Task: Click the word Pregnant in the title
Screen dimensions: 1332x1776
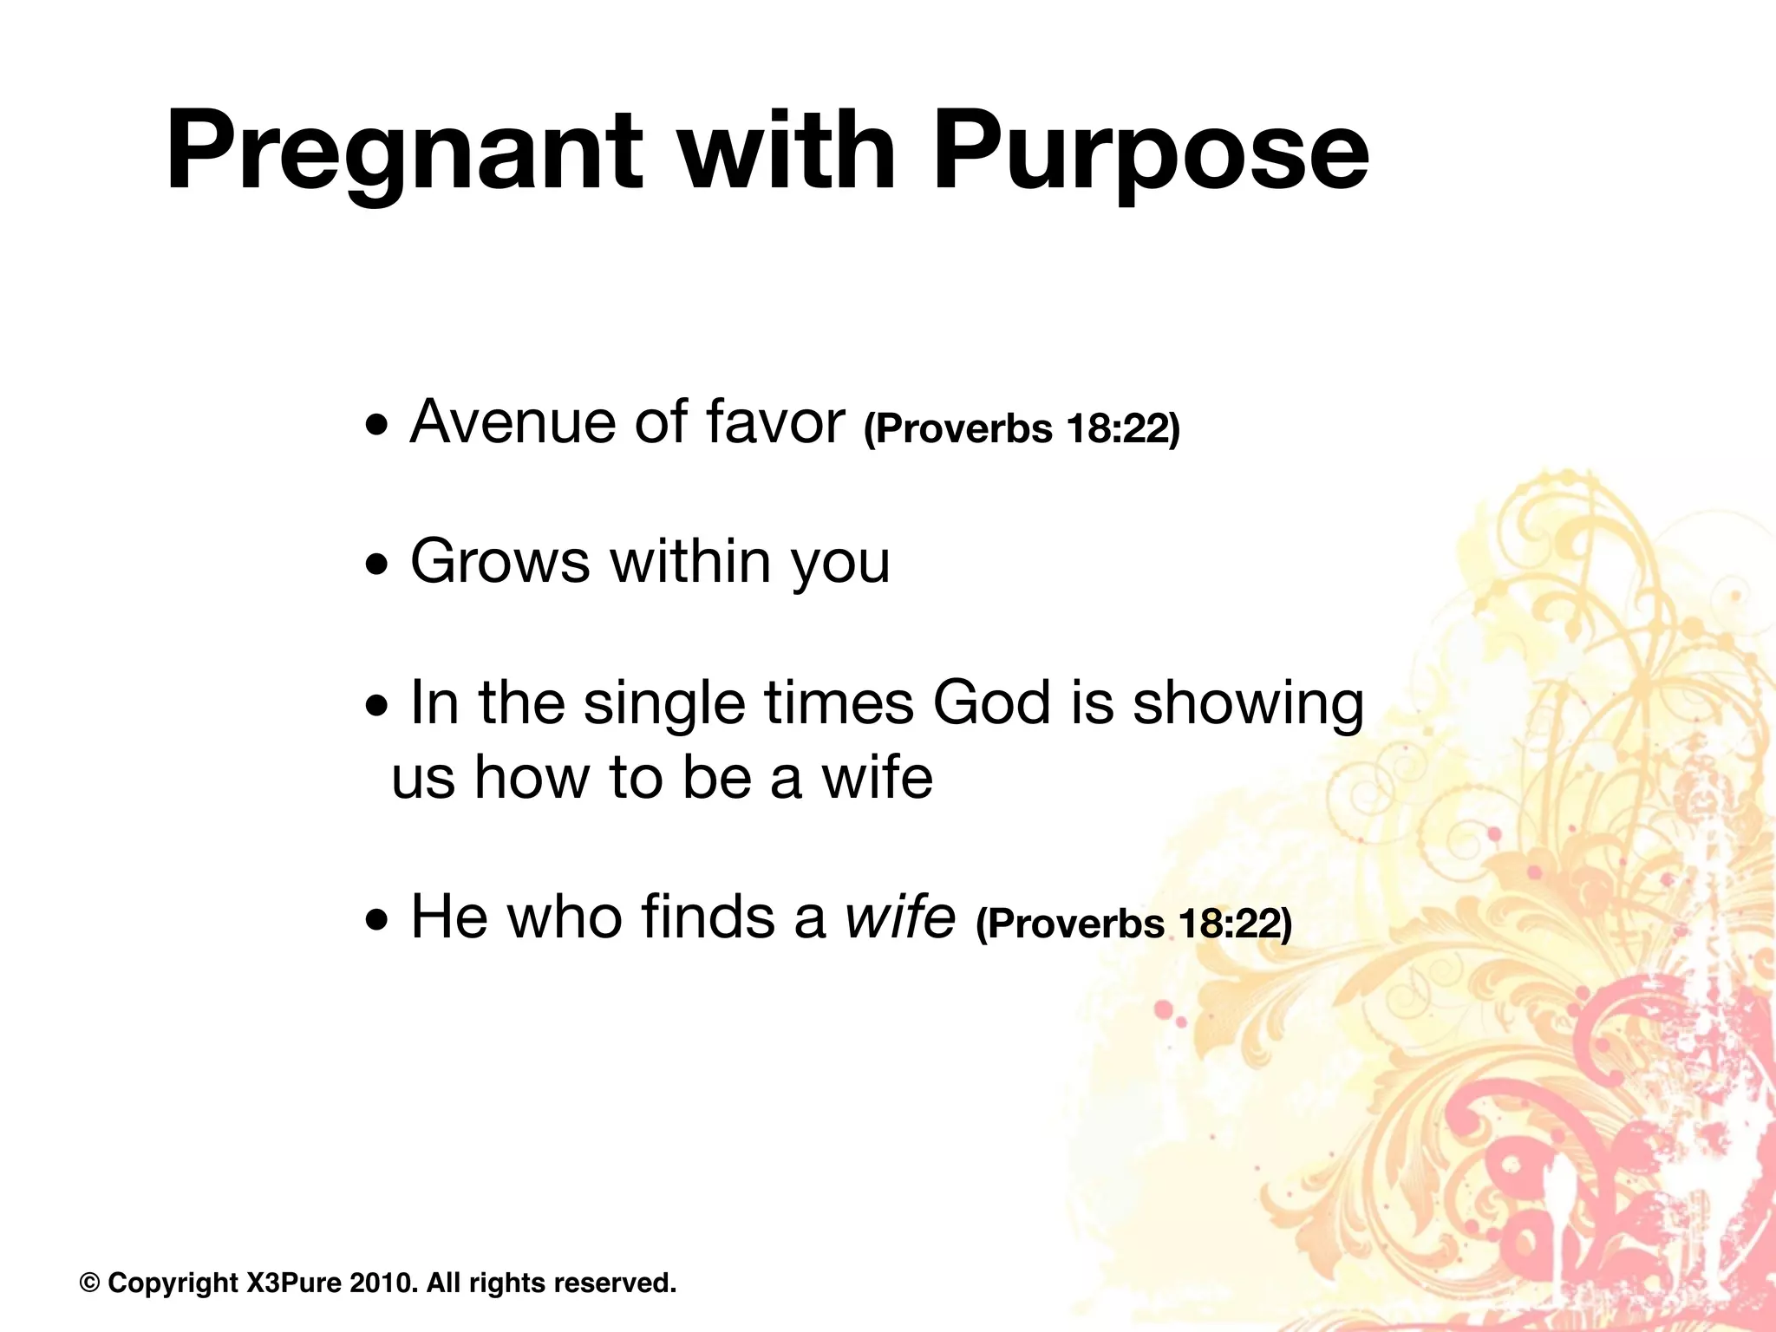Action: pyautogui.click(x=403, y=152)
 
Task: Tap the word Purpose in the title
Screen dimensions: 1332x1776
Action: pyautogui.click(x=1150, y=152)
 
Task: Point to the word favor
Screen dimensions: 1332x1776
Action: pyautogui.click(x=774, y=422)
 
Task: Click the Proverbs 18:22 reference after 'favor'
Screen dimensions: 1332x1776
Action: pyautogui.click(x=1022, y=428)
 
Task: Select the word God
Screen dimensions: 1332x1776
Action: pyautogui.click(x=991, y=702)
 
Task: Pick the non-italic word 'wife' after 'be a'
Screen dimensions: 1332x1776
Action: pyautogui.click(x=877, y=776)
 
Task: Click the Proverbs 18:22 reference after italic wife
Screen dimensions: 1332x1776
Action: pyautogui.click(x=1133, y=924)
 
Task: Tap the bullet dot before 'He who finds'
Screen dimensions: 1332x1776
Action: pyautogui.click(x=377, y=923)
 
